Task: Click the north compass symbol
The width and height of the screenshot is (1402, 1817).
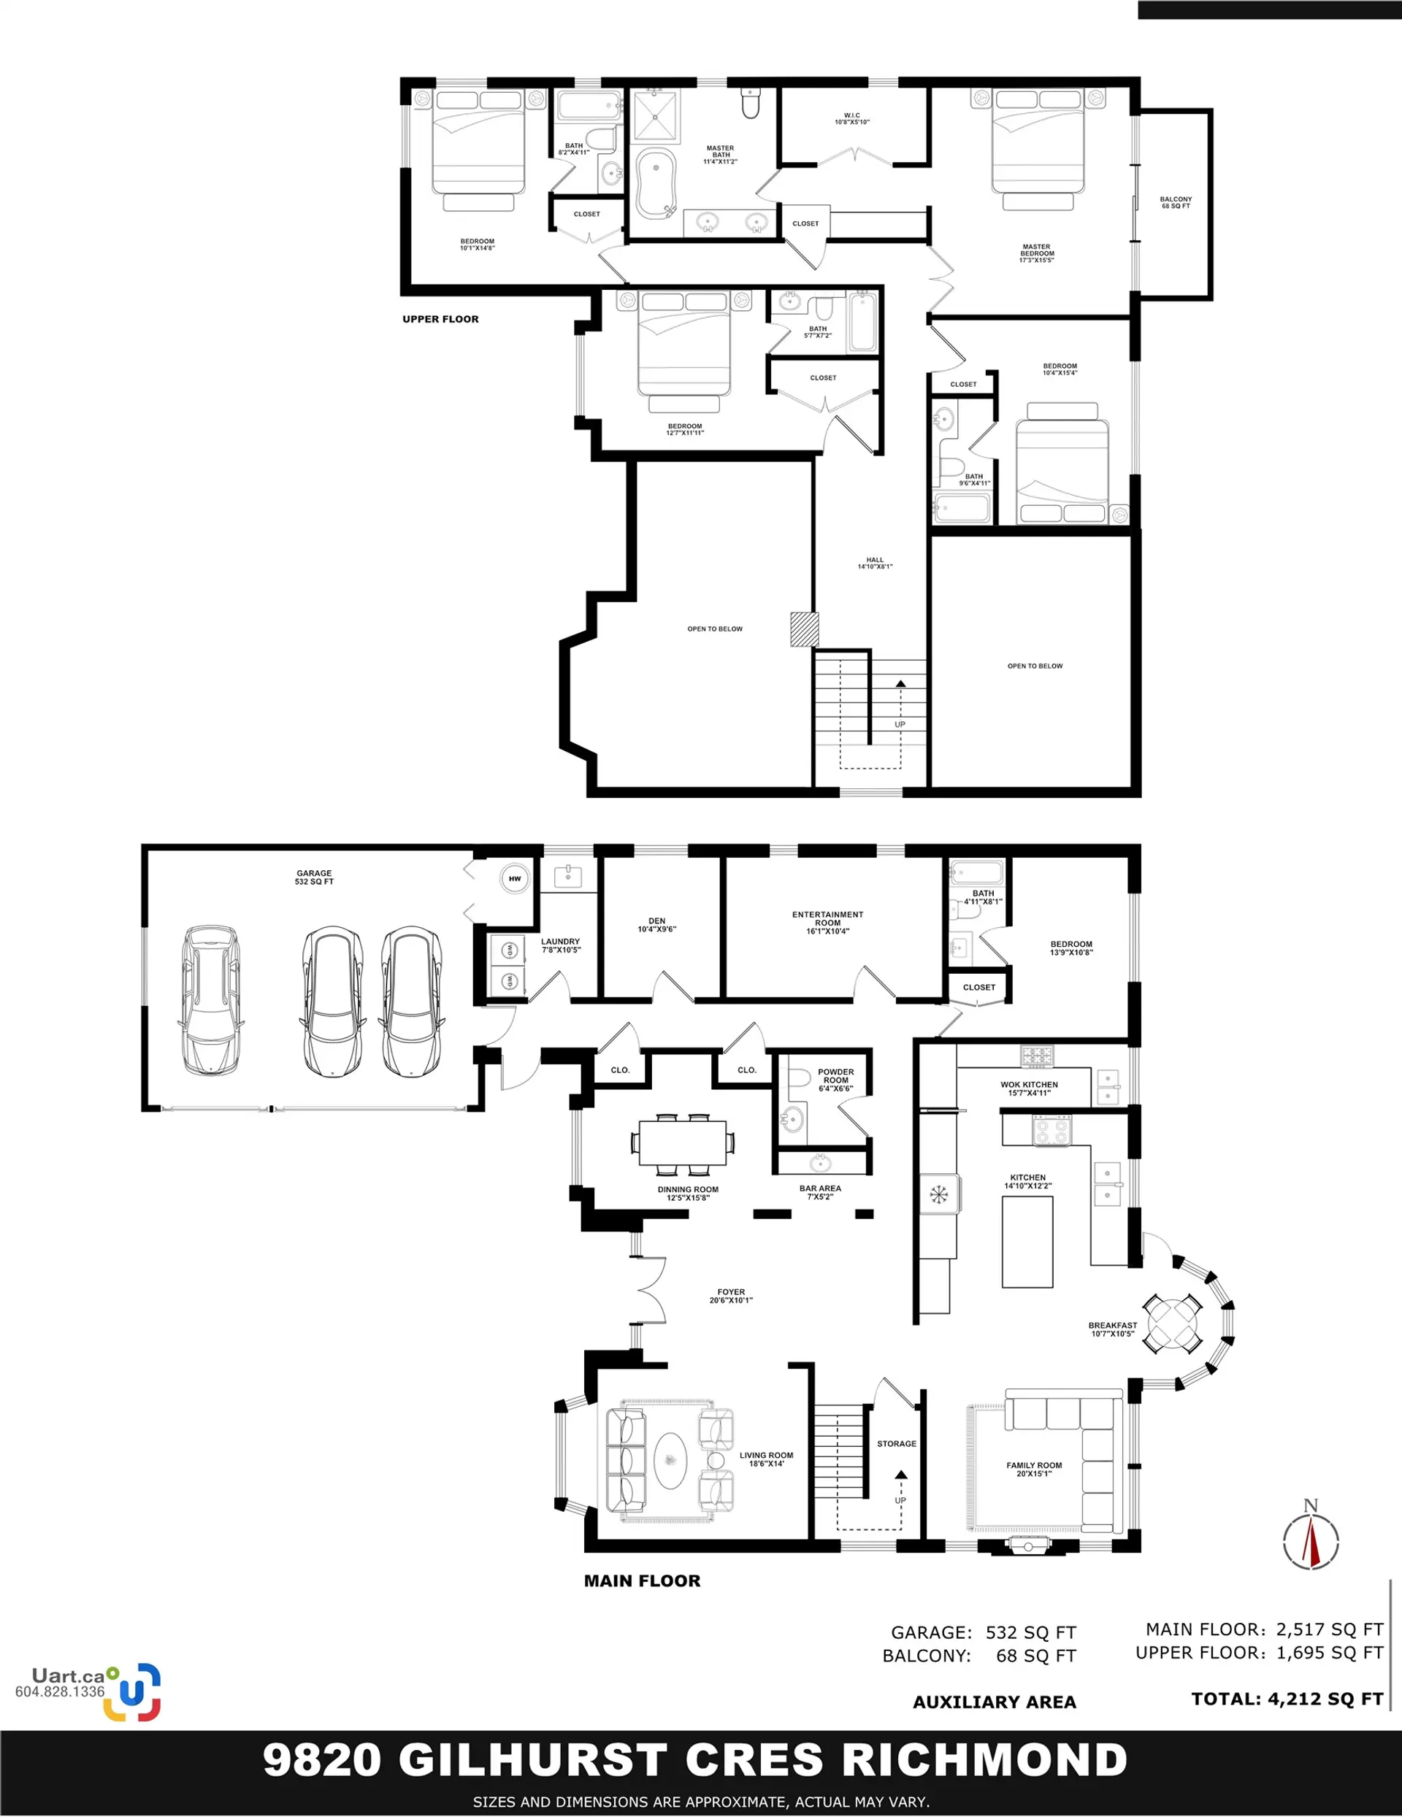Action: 1311,1538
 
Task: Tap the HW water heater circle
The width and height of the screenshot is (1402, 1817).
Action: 515,878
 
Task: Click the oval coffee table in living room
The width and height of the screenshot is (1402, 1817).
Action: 670,1460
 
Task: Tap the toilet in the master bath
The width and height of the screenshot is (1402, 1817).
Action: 751,102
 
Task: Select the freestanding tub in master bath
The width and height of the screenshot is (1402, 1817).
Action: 656,183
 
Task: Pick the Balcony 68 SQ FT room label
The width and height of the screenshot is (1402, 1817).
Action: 1176,202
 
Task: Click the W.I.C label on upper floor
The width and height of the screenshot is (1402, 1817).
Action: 852,119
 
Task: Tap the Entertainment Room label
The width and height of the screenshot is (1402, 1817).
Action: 828,923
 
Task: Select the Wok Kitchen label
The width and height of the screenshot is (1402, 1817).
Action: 1030,1088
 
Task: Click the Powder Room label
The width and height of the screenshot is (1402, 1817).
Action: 836,1080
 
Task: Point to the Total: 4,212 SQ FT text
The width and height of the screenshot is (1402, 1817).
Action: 1287,1699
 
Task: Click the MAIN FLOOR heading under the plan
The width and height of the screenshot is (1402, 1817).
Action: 643,1580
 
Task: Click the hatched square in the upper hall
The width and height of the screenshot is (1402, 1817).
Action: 805,629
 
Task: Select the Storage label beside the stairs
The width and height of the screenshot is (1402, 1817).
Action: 897,1443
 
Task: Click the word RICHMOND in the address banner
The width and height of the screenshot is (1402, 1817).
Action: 984,1759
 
